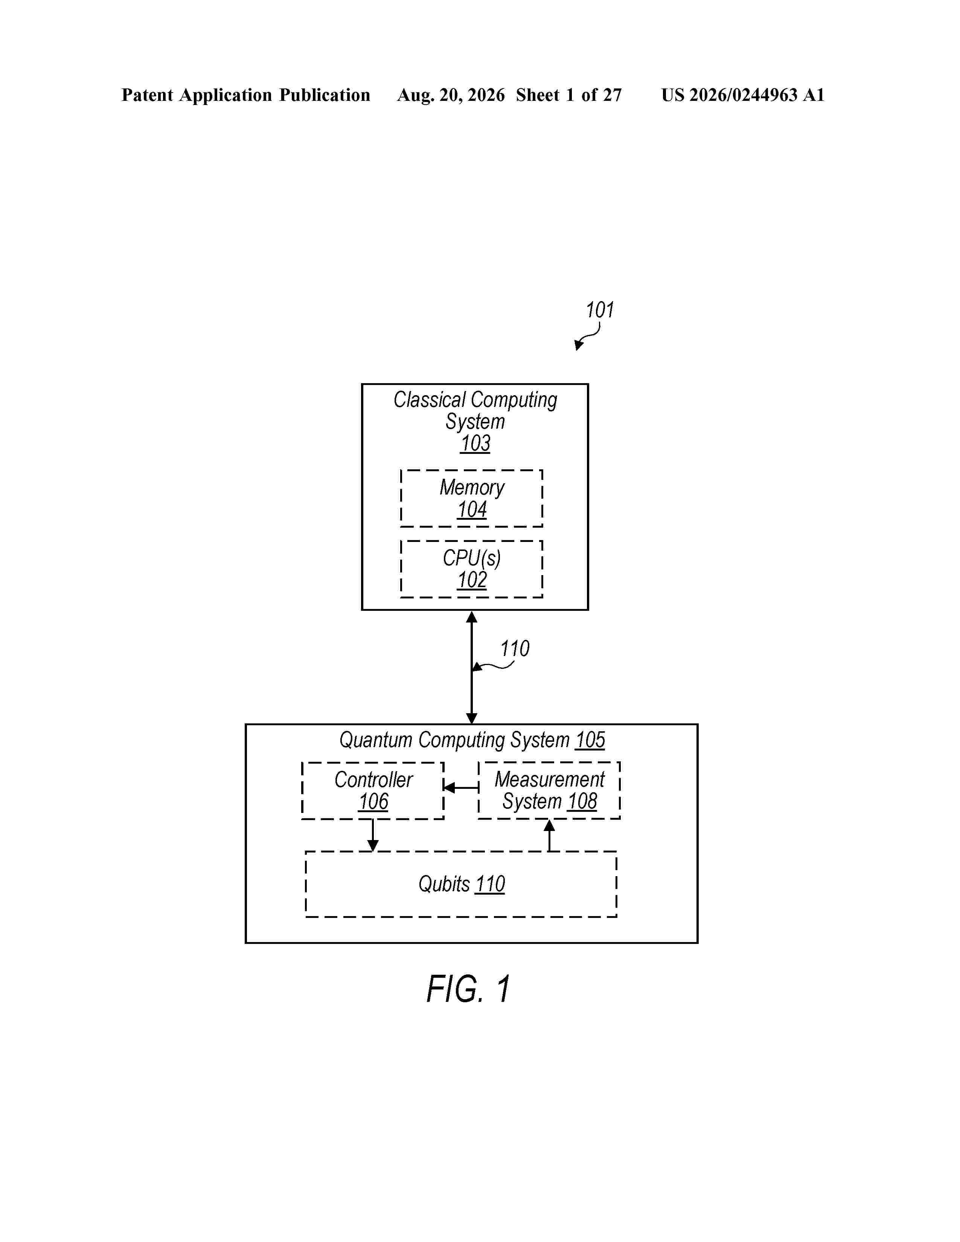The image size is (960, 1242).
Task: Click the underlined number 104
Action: (x=472, y=510)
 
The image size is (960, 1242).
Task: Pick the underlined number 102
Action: (x=472, y=580)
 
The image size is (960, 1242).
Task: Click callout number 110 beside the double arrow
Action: (x=514, y=649)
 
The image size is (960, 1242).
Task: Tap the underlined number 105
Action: (x=590, y=740)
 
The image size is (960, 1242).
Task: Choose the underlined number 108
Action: (x=582, y=801)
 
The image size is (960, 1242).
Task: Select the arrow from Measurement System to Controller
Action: (x=461, y=788)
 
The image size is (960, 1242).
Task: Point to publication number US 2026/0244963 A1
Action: (x=743, y=95)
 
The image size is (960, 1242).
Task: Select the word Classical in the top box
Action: (x=430, y=400)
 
